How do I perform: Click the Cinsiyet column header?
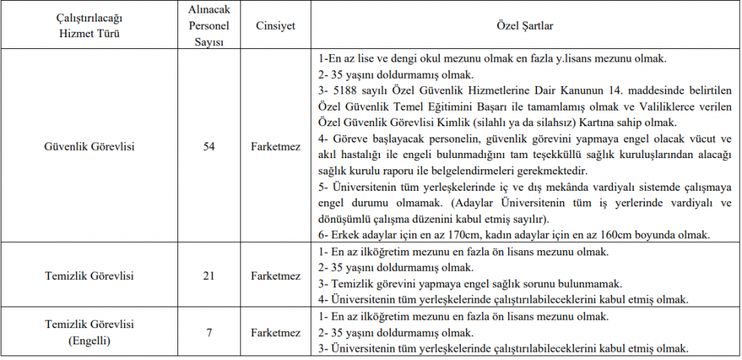(x=275, y=26)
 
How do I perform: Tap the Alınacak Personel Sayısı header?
(x=209, y=26)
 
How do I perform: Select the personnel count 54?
(x=209, y=146)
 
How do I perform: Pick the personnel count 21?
(x=209, y=276)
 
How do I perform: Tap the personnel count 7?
(x=209, y=332)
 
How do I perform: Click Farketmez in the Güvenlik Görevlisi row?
(x=275, y=146)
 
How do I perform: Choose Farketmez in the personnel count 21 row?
(x=275, y=276)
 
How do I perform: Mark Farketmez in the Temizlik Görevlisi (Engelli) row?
(x=275, y=332)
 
